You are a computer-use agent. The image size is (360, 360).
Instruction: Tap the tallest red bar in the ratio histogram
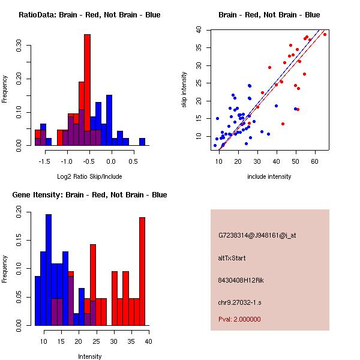87,84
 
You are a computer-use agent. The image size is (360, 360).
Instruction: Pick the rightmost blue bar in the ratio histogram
142,142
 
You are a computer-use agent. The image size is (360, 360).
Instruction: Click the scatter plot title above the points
269,15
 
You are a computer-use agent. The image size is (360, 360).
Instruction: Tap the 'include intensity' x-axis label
269,176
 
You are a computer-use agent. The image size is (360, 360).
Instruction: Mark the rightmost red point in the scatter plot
325,34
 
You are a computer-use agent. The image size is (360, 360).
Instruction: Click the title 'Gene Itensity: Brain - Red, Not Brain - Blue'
89,195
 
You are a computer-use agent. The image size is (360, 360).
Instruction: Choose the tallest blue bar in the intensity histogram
49,270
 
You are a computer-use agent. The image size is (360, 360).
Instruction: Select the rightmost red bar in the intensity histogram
142,271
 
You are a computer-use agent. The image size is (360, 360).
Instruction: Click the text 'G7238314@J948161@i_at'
257,235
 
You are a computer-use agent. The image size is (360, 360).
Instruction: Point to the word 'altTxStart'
232,258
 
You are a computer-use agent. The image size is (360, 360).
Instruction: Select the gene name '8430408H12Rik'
239,280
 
